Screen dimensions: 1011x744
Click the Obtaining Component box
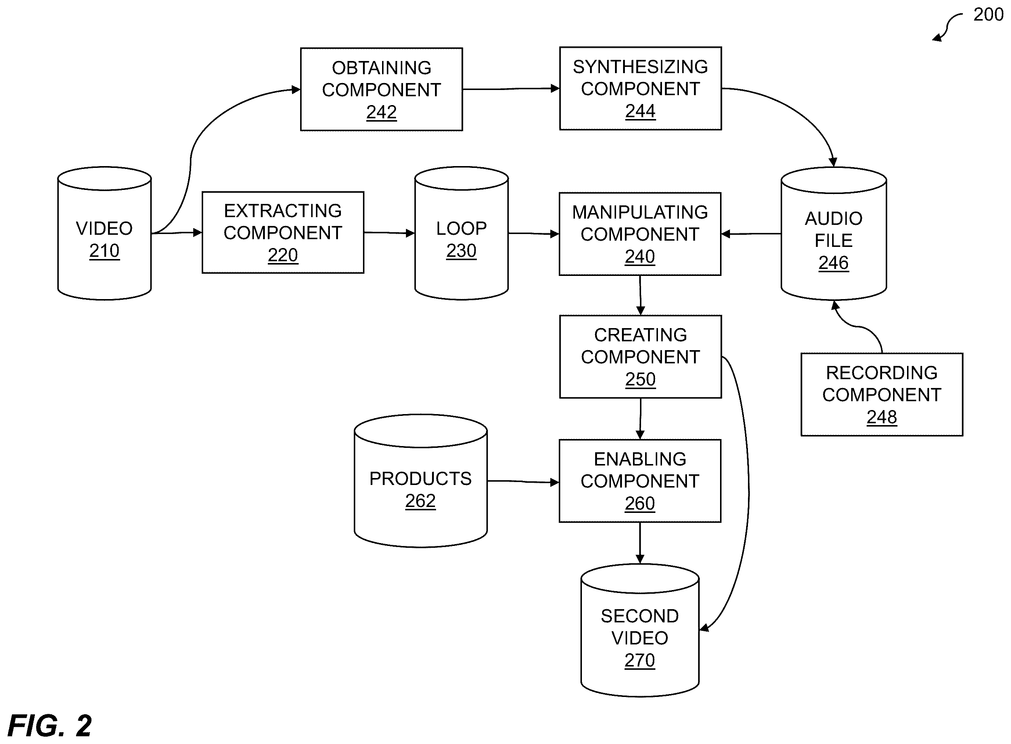point(381,89)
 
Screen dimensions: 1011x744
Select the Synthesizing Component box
point(640,88)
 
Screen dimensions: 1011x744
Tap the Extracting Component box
point(283,233)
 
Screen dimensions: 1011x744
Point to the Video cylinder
point(104,233)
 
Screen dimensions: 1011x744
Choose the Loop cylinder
point(461,233)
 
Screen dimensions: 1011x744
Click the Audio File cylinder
point(834,234)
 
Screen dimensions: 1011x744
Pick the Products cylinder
point(421,481)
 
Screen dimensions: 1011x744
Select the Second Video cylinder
point(640,630)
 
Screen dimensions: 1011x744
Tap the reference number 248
point(882,417)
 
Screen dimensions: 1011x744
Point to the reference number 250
point(640,379)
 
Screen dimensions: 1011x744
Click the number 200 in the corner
point(989,14)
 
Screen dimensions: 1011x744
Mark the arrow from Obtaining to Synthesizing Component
point(511,89)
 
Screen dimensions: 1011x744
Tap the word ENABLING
point(640,459)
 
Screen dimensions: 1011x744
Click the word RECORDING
point(882,373)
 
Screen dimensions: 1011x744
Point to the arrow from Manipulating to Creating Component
point(640,295)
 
